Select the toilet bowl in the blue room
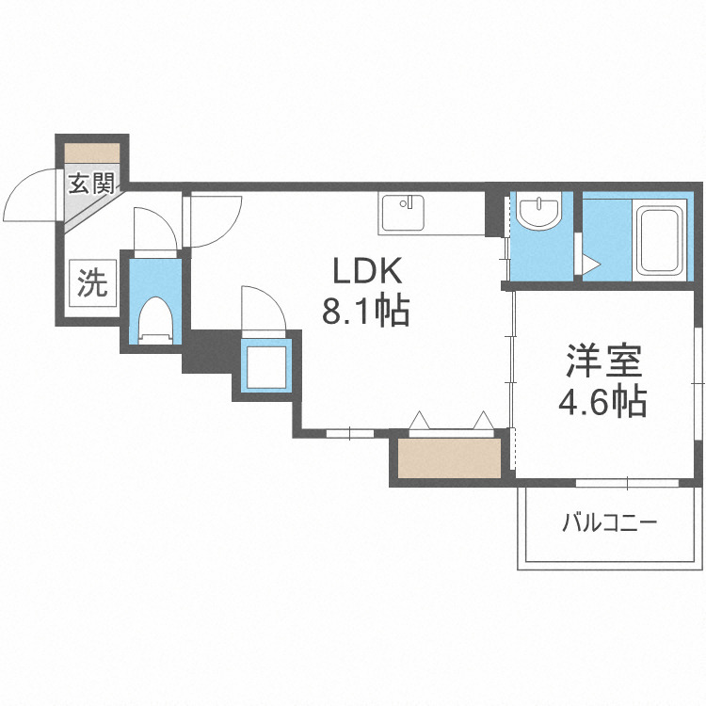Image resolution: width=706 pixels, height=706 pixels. [153, 320]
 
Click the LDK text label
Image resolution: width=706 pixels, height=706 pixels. [365, 271]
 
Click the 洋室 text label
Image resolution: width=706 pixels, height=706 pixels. [603, 361]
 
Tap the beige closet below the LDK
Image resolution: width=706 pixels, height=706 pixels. [448, 459]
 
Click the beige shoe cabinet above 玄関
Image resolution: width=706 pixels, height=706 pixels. [93, 152]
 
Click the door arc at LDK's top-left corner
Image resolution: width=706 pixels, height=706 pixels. [216, 218]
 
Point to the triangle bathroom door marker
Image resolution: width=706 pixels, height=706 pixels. [589, 265]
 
